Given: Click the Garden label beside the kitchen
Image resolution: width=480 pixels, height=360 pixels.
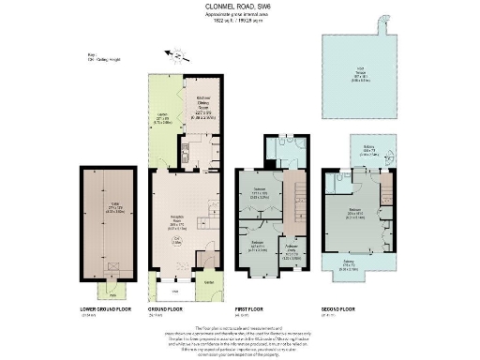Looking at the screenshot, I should coord(159,119).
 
